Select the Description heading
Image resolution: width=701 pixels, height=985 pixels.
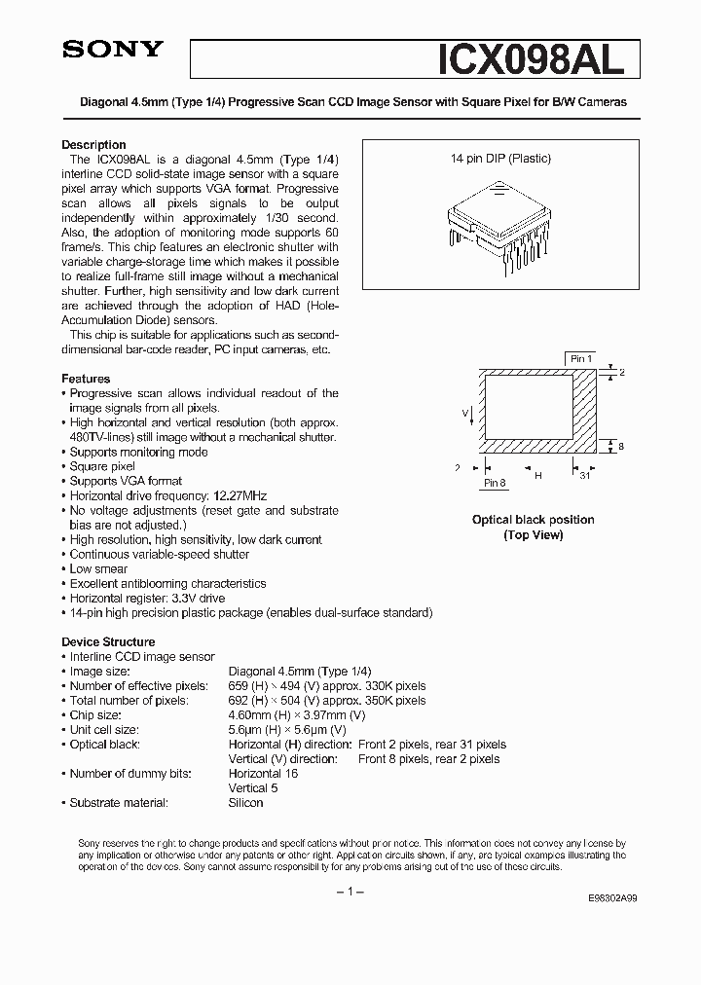(93, 145)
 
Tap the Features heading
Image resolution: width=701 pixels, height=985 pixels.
(86, 379)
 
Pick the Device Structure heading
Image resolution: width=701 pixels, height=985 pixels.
(108, 642)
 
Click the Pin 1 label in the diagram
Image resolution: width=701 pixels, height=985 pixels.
(581, 359)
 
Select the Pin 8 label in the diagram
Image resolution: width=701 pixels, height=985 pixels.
(495, 484)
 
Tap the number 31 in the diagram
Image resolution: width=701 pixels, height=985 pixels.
(584, 476)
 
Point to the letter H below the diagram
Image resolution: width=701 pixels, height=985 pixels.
(537, 476)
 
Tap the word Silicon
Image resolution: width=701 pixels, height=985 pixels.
(245, 803)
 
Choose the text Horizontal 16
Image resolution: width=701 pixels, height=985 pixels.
(263, 774)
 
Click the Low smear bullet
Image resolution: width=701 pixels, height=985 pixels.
(98, 569)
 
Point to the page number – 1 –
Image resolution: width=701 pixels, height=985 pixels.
(350, 894)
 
